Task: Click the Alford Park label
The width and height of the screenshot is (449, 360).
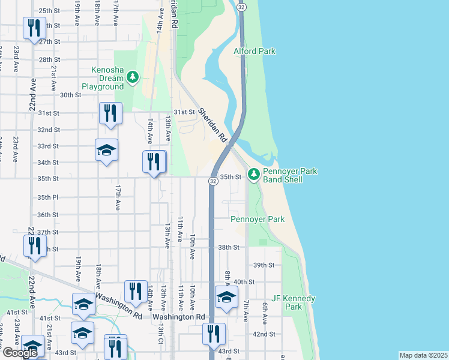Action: click(255, 52)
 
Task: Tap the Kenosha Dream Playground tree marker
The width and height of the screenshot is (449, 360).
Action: click(133, 77)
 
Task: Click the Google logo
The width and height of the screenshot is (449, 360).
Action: click(20, 353)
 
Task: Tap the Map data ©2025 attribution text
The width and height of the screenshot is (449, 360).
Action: click(423, 355)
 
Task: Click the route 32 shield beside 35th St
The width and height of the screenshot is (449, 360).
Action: click(213, 181)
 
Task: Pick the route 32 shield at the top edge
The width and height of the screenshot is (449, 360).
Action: click(241, 7)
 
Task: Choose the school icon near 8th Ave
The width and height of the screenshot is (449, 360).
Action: click(226, 297)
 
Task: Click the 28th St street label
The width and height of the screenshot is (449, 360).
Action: click(49, 60)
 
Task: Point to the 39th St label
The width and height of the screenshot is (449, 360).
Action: click(264, 265)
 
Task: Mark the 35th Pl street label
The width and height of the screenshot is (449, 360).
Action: click(47, 197)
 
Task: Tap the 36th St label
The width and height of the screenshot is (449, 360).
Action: click(47, 215)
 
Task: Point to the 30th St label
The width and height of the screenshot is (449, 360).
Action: click(70, 95)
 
